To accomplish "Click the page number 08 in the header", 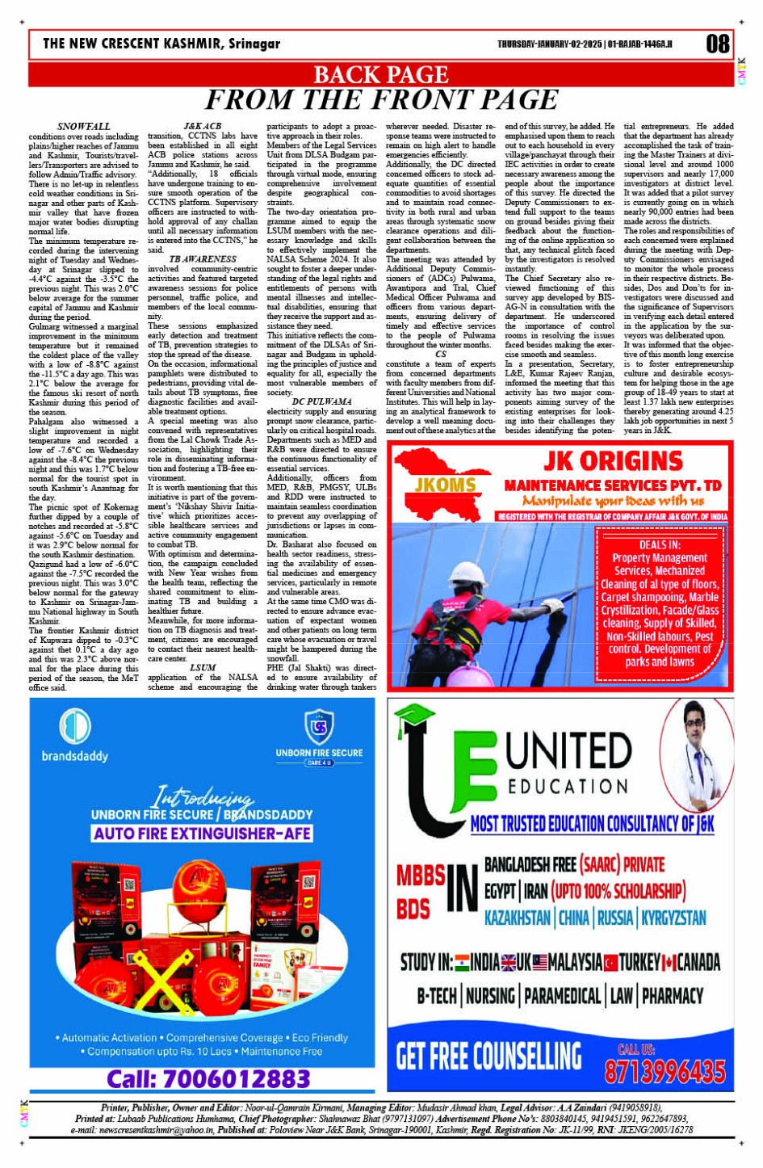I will tap(717, 43).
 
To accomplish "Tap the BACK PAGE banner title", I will tap(380, 74).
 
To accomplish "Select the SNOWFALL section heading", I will tap(84, 127).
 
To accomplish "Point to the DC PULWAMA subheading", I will tap(321, 401).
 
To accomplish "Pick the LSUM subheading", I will tap(203, 668).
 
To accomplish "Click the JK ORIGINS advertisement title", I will tap(613, 461).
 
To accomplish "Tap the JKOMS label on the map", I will tap(445, 485).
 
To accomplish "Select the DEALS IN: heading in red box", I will tap(659, 545).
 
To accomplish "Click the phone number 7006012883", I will tap(208, 1078).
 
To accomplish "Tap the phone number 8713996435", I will tap(664, 1071).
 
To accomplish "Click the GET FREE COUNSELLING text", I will tap(488, 1056).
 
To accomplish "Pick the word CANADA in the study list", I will tap(698, 962).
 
